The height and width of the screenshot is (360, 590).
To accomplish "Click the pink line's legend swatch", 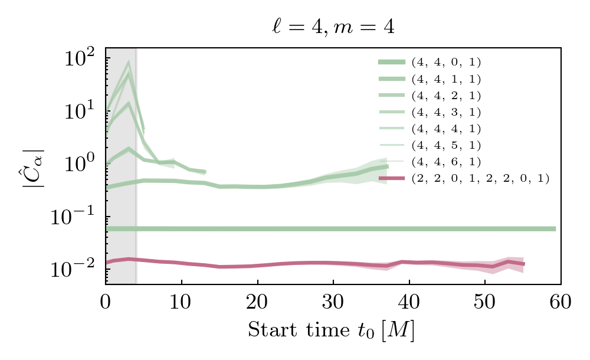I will coord(392,178).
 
